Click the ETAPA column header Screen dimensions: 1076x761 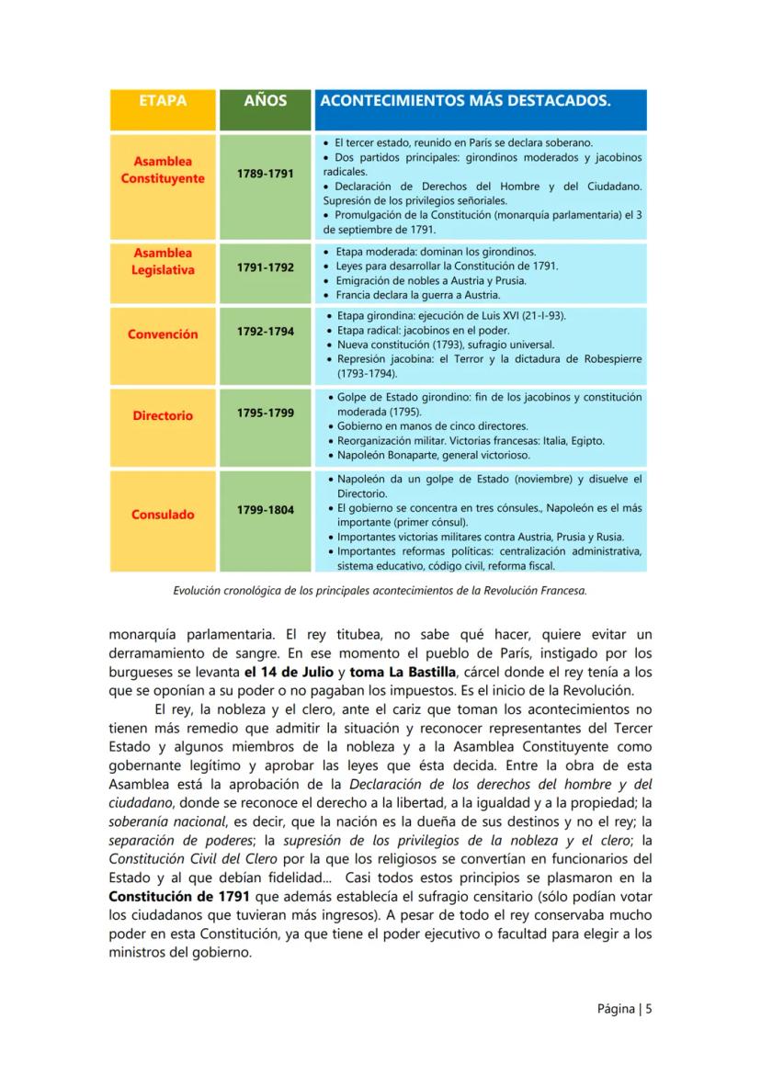pos(162,101)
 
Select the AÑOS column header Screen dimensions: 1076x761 pos(265,101)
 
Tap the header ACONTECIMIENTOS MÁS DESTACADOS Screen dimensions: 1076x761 pos(464,101)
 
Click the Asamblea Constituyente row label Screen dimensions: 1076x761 pos(162,170)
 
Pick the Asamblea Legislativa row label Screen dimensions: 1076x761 pos(162,261)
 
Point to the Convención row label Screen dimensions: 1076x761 pos(162,334)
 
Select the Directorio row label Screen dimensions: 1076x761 pos(162,415)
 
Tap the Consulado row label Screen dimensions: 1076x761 pos(162,515)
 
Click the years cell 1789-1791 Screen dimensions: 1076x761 pos(265,172)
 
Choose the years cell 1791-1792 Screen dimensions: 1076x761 pos(265,267)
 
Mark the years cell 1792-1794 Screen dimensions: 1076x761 pos(265,330)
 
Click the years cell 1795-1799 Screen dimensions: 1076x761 pos(265,413)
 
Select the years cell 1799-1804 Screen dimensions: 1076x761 pos(265,509)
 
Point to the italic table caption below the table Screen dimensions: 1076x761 pos(380,592)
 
